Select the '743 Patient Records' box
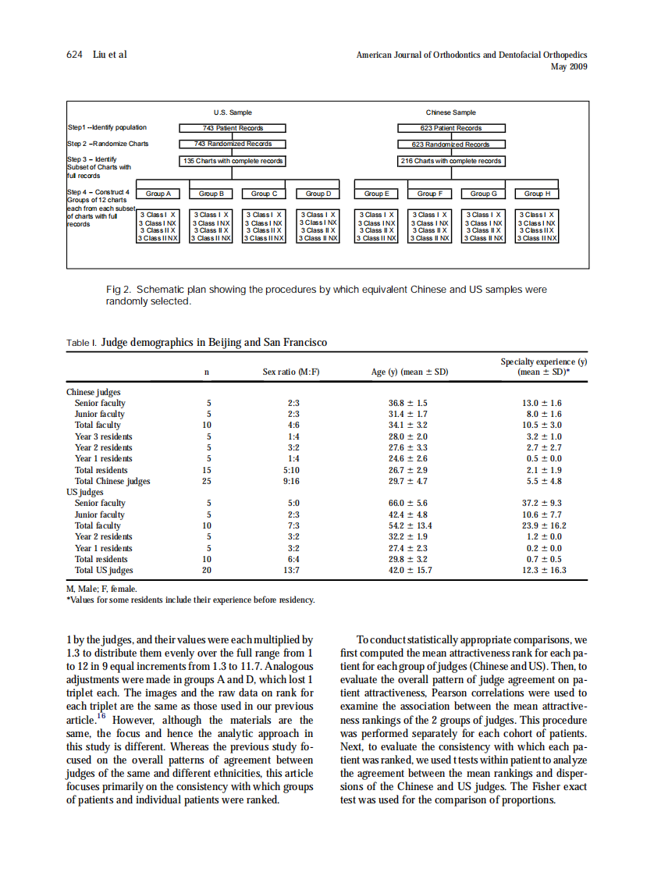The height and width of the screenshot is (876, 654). pos(233,128)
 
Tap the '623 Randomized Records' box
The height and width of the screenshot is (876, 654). pos(451,144)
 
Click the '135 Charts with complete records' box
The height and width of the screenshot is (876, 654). pos(233,161)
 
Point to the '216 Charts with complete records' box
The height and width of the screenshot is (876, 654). pos(451,161)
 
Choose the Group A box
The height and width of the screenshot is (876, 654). pos(158,194)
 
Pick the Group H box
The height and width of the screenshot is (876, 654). pos(538,194)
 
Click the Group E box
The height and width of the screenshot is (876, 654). pos(376,194)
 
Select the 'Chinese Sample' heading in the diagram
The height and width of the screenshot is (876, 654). pos(450,112)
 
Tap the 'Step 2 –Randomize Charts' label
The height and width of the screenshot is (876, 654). pos(108,144)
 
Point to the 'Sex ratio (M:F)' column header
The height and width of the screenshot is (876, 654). pos(290,372)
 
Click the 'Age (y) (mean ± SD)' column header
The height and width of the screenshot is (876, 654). pos(410,372)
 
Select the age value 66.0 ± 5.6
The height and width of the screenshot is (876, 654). pos(407,504)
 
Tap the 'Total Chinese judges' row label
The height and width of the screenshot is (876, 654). pos(112,481)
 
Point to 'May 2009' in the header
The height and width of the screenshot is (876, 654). pos(569,66)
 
